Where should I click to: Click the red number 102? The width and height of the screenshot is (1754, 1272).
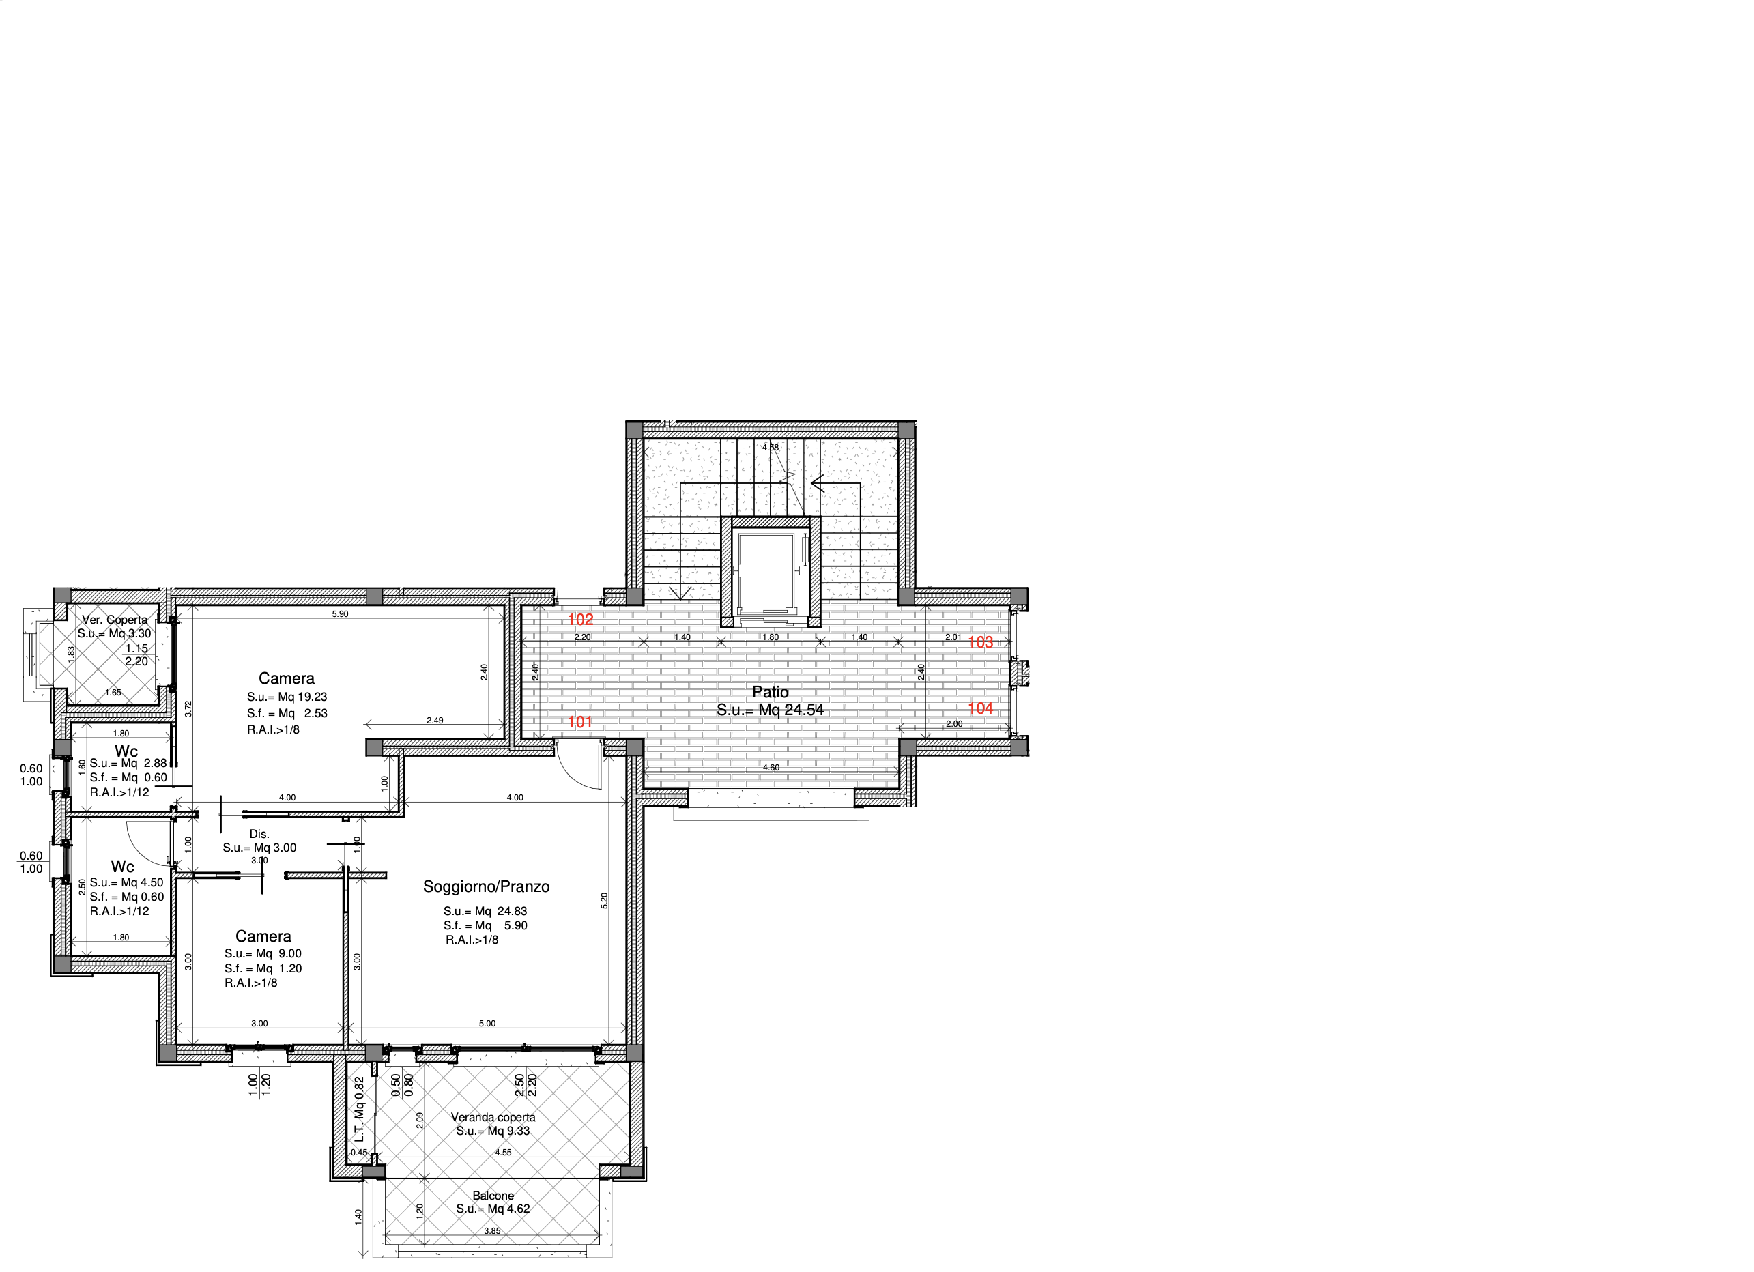coord(580,620)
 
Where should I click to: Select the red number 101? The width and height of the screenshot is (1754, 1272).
coord(580,722)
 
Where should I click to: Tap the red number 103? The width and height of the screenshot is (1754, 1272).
coord(980,641)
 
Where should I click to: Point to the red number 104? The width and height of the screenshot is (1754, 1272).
coord(980,708)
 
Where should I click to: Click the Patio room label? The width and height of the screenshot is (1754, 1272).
coord(771,692)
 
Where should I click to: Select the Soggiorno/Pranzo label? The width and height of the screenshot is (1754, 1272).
coord(486,887)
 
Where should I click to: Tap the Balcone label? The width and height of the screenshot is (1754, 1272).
coord(493,1196)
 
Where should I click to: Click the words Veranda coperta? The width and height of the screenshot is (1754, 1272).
coord(493,1117)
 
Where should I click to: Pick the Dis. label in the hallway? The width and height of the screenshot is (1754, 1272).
coord(259,835)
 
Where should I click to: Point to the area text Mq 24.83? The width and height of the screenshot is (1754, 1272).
coord(501,911)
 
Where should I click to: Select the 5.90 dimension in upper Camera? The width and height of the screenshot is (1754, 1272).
coord(341,614)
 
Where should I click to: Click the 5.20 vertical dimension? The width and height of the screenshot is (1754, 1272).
coord(605,900)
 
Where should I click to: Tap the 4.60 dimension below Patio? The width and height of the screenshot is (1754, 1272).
coord(771,768)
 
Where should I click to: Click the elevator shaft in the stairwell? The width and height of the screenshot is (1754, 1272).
coord(766,573)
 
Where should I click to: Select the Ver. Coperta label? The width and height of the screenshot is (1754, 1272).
coord(115,620)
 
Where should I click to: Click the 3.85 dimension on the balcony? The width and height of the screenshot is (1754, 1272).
coord(492,1231)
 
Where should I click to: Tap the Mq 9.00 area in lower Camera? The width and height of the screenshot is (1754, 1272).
coord(278,953)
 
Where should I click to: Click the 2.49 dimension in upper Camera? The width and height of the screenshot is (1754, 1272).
coord(435,721)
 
